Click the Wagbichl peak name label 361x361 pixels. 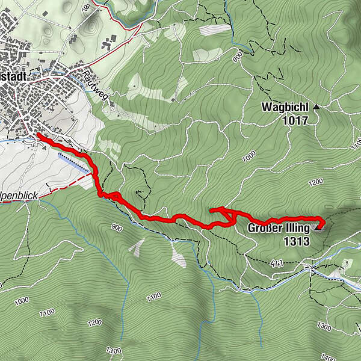284,107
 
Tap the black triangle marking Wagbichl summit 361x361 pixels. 316,106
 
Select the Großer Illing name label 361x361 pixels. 279,229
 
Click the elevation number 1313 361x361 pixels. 297,242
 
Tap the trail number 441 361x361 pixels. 277,263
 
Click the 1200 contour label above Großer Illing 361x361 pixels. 315,181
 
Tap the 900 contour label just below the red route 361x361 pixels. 117,227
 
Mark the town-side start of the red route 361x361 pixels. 39,135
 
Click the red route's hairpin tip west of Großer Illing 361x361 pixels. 211,209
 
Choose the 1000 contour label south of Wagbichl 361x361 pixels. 247,158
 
